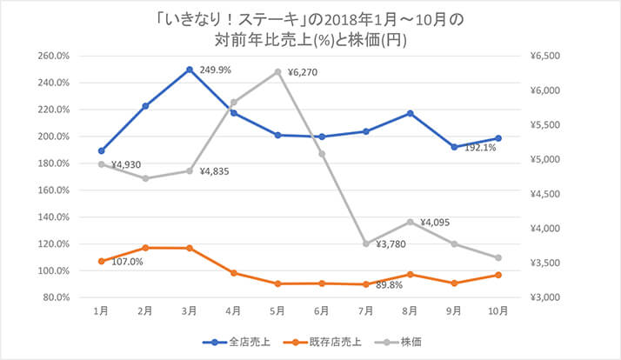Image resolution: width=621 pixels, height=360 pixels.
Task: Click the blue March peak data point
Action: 190,70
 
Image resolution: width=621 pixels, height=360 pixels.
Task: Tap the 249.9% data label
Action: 216,70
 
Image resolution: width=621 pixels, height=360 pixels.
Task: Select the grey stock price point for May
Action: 277,71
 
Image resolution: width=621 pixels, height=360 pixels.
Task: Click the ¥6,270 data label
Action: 303,73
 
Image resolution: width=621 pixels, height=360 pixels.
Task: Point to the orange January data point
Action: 102,261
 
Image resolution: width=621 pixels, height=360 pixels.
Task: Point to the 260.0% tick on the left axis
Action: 55,57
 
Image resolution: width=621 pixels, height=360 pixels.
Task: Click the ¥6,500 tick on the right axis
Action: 547,57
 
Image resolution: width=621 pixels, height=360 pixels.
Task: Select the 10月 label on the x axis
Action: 497,310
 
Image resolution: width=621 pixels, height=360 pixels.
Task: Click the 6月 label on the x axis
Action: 321,310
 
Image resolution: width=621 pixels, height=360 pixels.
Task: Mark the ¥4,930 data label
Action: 126,164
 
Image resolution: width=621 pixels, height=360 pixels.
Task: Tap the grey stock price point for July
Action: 366,243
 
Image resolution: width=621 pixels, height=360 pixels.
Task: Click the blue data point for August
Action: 410,113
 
